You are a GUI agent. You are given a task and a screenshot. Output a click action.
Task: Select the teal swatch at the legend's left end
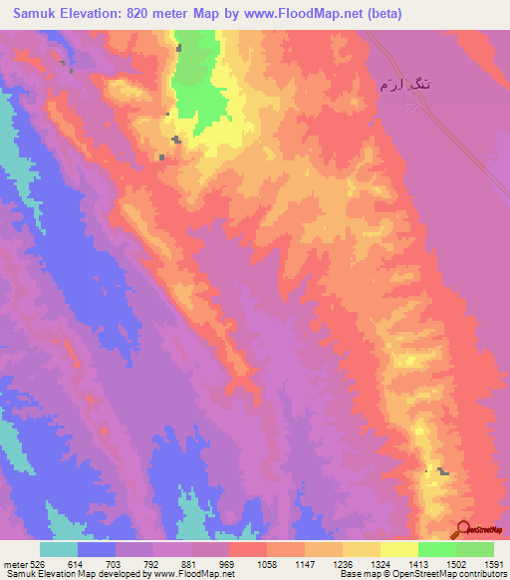pos(59,549)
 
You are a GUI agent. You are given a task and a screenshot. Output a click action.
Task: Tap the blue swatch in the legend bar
pos(97,549)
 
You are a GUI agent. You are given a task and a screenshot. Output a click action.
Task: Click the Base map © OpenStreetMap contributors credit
pos(422,574)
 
